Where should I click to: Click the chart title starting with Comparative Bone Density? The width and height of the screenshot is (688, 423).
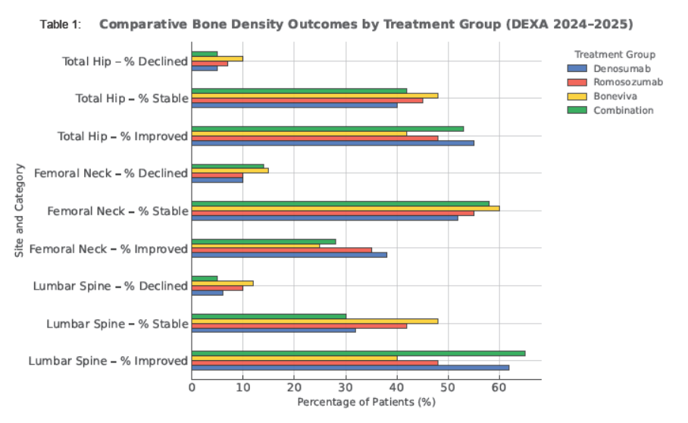coord(366,24)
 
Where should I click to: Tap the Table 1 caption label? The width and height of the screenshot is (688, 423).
coord(60,25)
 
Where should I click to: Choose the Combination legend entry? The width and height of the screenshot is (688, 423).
coord(622,110)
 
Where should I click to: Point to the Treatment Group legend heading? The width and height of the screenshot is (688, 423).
coord(615,55)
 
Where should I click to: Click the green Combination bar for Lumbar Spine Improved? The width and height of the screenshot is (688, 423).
coord(358,353)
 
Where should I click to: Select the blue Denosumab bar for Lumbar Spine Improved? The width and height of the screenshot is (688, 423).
coord(350,368)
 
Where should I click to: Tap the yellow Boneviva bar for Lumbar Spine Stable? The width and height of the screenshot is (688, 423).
coord(314,321)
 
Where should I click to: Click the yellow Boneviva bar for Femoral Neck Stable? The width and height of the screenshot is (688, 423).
coord(345,208)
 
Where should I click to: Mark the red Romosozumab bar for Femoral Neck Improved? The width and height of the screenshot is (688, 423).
coord(281,250)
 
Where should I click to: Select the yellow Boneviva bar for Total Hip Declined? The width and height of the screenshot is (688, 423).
coord(217,58)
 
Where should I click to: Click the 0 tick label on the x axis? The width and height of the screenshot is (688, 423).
coord(192,387)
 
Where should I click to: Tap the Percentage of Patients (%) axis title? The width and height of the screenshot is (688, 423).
coord(366,401)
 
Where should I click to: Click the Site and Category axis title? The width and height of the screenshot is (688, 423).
coord(19,211)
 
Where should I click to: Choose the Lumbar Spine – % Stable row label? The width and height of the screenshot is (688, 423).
coord(117,324)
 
